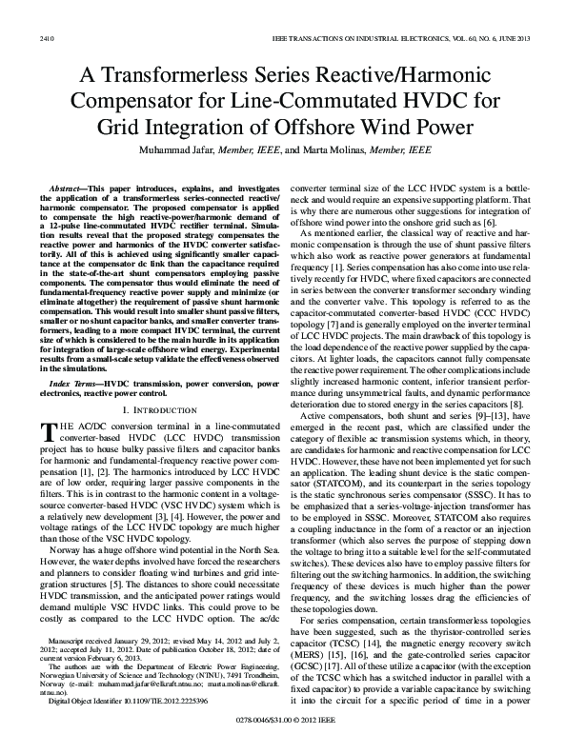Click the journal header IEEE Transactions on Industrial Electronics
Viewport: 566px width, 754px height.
pos(405,11)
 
